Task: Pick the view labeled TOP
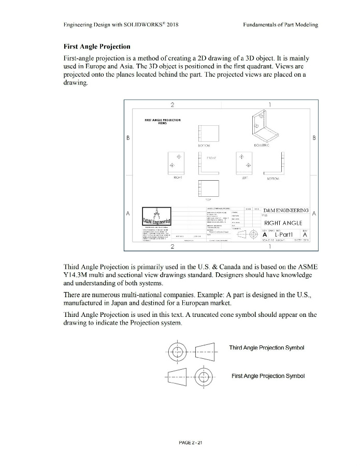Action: click(x=207, y=187)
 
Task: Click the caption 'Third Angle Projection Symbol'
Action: click(x=266, y=347)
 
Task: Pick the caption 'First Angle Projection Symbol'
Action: click(x=268, y=375)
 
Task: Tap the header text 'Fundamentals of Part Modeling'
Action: click(x=280, y=25)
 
